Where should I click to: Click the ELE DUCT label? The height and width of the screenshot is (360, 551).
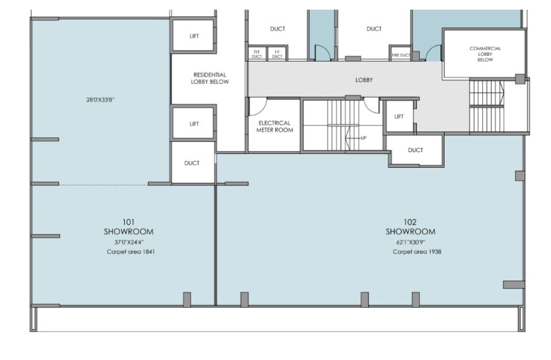tap(257, 54)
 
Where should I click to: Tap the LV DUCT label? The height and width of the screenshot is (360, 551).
tap(277, 54)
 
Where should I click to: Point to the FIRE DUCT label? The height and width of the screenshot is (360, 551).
tap(401, 55)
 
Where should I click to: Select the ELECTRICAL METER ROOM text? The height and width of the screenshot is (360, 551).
tap(275, 126)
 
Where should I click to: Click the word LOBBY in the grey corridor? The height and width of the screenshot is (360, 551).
tap(364, 80)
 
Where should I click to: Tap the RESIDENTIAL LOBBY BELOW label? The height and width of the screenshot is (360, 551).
tap(210, 78)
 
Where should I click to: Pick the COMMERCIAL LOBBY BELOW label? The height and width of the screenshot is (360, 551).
tap(485, 54)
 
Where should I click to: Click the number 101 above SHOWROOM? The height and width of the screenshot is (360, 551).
tap(128, 222)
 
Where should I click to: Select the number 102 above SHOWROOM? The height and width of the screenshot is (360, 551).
tap(410, 222)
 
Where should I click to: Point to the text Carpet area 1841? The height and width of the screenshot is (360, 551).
tap(130, 252)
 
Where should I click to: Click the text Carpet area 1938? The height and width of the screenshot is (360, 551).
tap(417, 252)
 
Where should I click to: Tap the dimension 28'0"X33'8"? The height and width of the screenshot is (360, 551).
tap(101, 100)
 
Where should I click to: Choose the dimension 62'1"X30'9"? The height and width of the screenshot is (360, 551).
tap(411, 242)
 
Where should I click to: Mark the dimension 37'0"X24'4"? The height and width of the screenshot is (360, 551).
tap(128, 242)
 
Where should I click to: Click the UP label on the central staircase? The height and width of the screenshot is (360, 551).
tap(363, 138)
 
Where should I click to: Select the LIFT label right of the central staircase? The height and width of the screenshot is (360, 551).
tap(399, 117)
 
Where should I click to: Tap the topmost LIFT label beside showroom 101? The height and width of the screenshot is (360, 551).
tap(195, 36)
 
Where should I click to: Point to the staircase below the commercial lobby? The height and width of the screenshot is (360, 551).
tap(487, 106)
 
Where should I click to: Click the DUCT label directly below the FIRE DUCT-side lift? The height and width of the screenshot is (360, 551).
tap(415, 150)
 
